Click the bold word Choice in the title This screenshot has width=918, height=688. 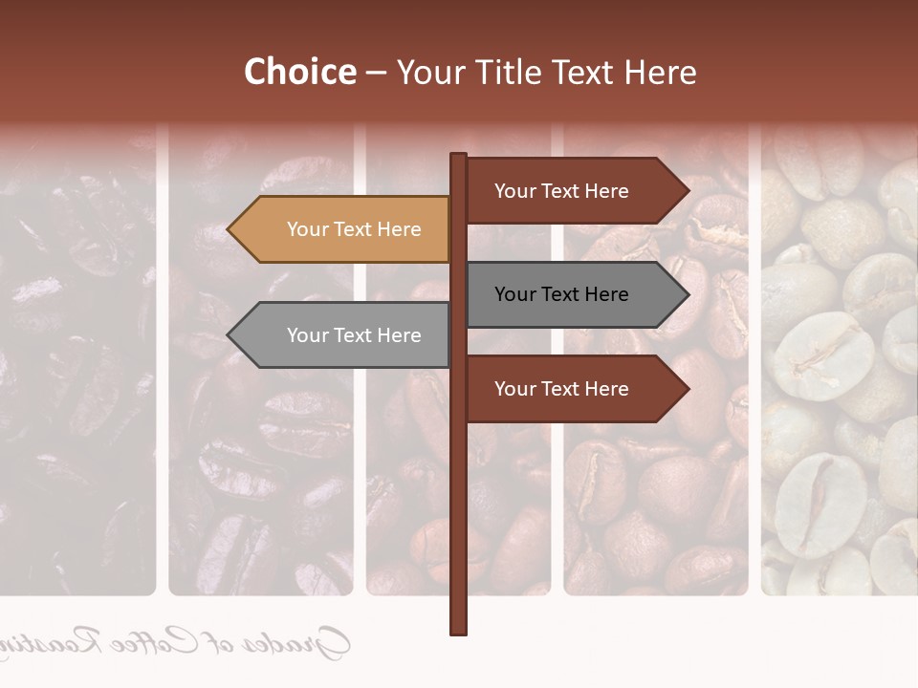click(x=299, y=73)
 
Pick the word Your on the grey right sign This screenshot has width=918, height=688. click(x=515, y=294)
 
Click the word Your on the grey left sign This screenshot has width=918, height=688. click(x=308, y=335)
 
